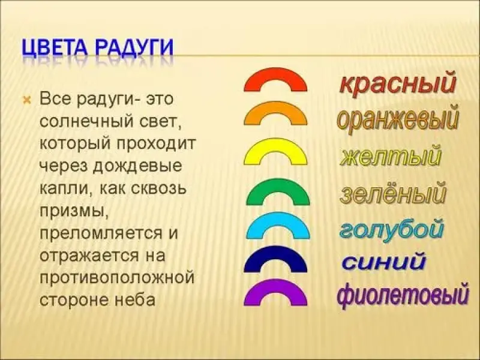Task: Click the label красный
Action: (398, 83)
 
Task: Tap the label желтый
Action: (391, 157)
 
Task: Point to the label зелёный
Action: (393, 193)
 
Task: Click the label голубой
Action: (391, 230)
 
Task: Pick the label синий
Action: (384, 262)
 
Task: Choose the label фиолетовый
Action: (403, 295)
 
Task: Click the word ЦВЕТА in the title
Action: (57, 49)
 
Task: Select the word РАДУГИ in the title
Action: (135, 49)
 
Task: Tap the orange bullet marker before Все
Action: (27, 100)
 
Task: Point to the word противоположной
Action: (117, 278)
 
